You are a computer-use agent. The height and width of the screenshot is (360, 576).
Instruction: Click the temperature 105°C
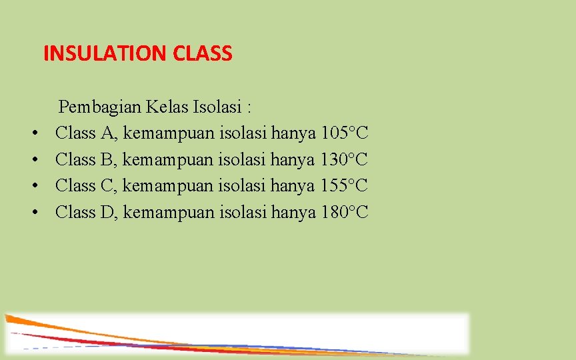345,133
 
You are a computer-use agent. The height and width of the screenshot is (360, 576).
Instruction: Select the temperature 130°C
345,159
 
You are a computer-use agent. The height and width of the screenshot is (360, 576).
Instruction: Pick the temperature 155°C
345,185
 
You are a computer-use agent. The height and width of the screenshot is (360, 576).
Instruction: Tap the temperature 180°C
345,212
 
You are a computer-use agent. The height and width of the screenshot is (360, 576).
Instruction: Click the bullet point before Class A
33,134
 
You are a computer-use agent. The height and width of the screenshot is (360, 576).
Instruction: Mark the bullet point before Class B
33,160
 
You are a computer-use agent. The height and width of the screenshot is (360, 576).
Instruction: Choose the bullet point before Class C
33,186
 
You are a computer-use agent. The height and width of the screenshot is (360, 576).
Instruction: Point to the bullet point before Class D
33,213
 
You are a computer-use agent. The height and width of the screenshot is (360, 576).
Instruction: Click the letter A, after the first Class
109,133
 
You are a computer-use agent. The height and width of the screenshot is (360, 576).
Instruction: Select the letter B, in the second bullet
108,159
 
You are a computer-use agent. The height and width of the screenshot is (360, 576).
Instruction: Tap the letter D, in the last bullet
109,212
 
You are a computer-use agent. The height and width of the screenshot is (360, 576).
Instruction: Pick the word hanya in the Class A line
293,134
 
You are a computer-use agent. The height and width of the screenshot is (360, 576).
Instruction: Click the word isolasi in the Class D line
243,212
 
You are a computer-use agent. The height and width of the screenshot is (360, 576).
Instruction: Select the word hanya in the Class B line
293,160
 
